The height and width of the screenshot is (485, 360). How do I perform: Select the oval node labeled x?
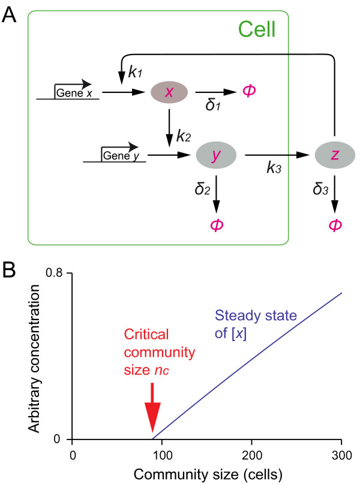pyautogui.click(x=169, y=92)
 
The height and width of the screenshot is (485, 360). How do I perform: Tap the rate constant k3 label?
pyautogui.click(x=275, y=168)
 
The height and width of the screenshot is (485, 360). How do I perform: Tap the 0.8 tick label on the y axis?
pyautogui.click(x=56, y=273)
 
